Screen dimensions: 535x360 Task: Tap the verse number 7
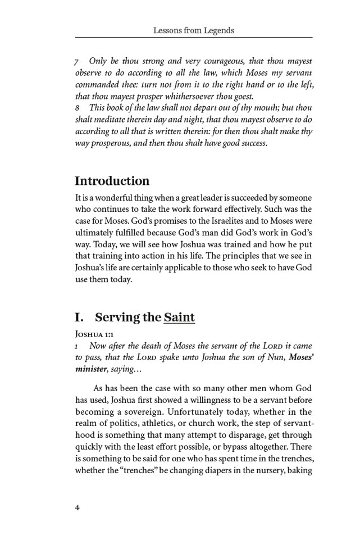[77, 61]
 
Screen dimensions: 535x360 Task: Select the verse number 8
[77, 107]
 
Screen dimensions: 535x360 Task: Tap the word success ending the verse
[250, 143]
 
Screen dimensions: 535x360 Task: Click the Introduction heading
[112, 181]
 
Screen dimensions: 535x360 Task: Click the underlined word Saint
[179, 318]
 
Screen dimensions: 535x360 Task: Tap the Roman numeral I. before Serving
[79, 318]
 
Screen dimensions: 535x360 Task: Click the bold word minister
[91, 369]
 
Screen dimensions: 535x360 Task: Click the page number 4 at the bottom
[78, 508]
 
